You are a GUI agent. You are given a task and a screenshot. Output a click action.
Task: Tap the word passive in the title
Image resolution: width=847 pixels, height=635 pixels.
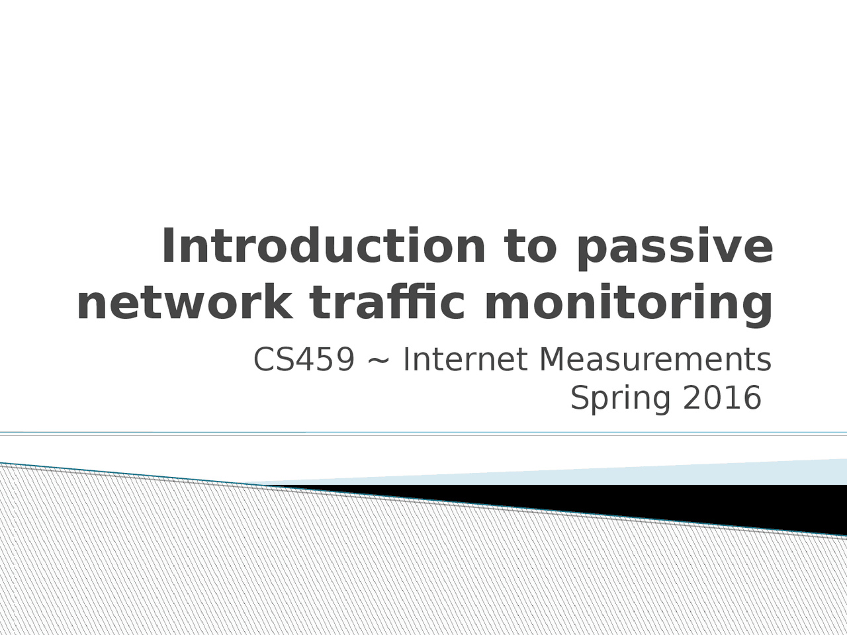(674, 247)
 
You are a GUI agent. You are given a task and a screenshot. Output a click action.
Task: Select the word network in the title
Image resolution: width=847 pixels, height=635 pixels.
(185, 304)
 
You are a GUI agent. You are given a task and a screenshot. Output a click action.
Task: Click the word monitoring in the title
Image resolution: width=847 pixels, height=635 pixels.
(629, 305)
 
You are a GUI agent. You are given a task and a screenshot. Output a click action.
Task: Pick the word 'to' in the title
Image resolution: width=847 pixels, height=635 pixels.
(530, 246)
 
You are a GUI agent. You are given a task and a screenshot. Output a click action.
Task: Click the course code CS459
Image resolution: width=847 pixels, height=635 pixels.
(304, 360)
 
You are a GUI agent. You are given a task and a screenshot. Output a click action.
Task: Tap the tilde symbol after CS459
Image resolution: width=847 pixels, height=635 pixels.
(379, 361)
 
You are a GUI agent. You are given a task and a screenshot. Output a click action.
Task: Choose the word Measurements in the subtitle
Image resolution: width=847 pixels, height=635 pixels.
(655, 360)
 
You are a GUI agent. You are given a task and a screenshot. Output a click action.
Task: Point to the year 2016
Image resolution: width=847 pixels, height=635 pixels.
(722, 398)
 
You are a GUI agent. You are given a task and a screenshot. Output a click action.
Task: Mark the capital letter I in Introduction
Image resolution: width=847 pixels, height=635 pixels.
(167, 245)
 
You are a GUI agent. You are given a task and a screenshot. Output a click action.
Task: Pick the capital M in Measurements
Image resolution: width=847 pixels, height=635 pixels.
(552, 360)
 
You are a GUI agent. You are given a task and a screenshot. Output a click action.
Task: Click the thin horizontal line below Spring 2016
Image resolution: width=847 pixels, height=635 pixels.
(423, 434)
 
